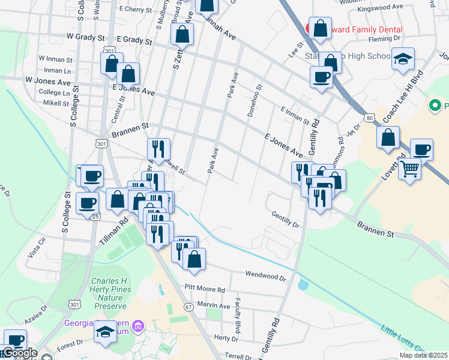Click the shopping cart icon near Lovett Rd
(409, 169)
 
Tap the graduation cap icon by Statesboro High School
(403, 59)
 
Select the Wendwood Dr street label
(265, 275)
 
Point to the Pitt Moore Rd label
(204, 289)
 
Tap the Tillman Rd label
(115, 229)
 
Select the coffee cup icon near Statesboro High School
(321, 77)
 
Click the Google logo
(20, 353)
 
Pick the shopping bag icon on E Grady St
(182, 34)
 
